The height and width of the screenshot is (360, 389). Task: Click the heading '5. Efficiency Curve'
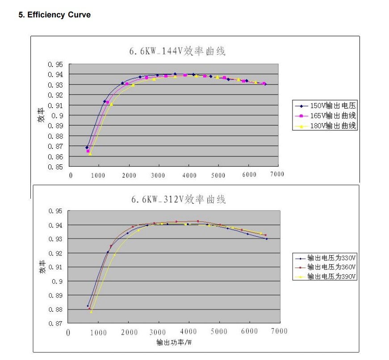click(54, 15)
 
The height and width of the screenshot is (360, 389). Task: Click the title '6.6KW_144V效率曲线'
click(177, 51)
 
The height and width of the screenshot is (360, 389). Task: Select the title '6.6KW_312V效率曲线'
click(178, 199)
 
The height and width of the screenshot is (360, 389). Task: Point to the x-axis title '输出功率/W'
click(174, 343)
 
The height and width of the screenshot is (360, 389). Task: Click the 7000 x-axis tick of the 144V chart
click(277, 174)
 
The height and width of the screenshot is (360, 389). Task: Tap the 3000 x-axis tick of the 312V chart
click(159, 332)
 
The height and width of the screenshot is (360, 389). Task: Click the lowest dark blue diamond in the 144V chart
click(87, 147)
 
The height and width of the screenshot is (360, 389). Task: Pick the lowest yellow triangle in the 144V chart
click(90, 153)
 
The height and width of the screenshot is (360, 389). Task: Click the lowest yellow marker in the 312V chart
click(91, 312)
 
